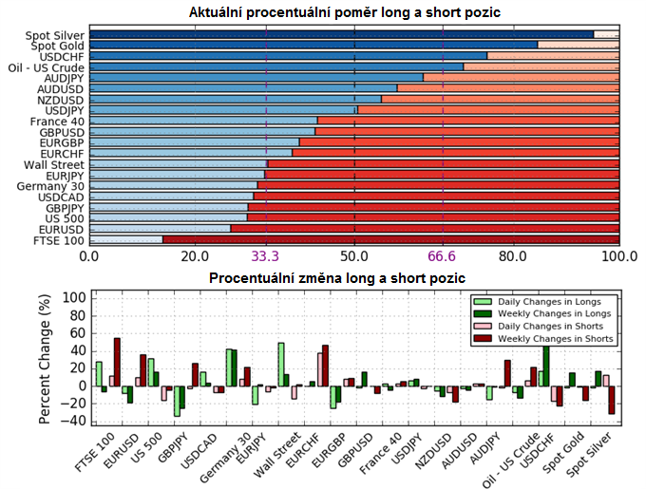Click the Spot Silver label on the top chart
pyautogui.click(x=55, y=35)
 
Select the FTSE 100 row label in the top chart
pyautogui.click(x=58, y=241)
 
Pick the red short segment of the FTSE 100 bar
pyautogui.click(x=389, y=241)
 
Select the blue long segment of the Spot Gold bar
pyautogui.click(x=313, y=45)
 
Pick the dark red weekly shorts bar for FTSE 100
pyautogui.click(x=117, y=362)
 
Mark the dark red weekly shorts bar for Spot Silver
pyautogui.click(x=611, y=400)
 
